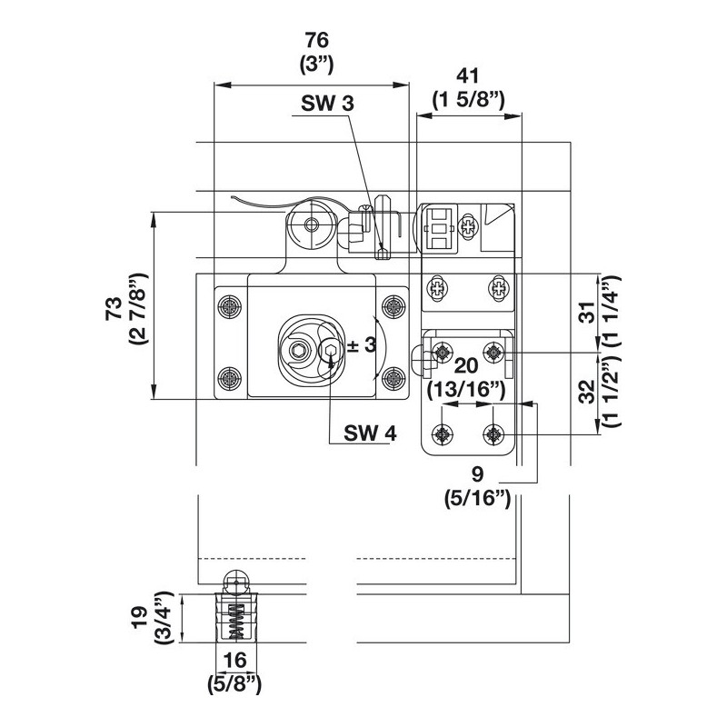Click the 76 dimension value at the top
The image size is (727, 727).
coord(316,40)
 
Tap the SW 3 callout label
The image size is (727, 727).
coord(327,104)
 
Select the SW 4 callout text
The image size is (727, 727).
coord(370,433)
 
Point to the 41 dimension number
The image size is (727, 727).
coord(468,76)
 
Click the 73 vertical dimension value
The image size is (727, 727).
coord(115,308)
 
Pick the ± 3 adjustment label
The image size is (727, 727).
coord(361,344)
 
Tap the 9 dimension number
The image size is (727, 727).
coord(477,473)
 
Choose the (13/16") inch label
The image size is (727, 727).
coord(466,390)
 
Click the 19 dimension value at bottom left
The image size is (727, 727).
coord(140,617)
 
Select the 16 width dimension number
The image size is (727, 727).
coord(235,660)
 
